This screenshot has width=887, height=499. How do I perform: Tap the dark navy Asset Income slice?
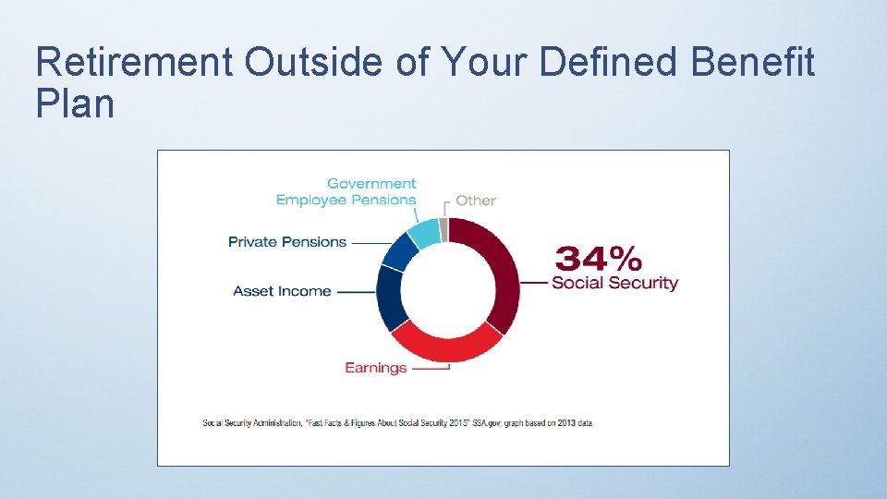point(391,296)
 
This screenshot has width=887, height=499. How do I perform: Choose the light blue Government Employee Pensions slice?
point(424,232)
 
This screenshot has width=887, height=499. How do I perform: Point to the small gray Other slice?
point(443,228)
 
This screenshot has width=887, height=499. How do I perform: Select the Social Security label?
point(614,283)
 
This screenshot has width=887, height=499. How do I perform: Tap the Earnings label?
point(375,368)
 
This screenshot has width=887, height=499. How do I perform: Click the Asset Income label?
point(282,291)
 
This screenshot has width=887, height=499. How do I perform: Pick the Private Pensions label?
point(287,242)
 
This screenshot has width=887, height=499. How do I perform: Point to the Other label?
point(476,201)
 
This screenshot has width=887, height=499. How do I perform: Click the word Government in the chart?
point(371,184)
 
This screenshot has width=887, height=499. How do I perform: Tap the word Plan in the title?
point(75,103)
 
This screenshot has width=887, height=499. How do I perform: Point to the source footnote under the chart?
point(397,423)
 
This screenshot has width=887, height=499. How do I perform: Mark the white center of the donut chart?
point(448,287)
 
